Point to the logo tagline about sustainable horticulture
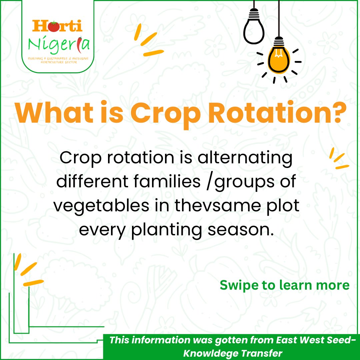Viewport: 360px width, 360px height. [57, 60]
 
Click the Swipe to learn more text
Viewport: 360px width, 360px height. [284, 285]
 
